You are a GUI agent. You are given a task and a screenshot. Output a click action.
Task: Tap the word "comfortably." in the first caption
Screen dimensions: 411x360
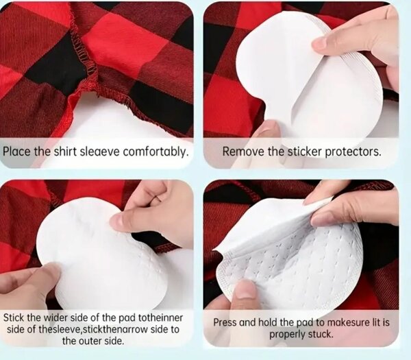coord(156,152)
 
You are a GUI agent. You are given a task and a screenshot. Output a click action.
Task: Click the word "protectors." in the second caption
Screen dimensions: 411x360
coord(353,152)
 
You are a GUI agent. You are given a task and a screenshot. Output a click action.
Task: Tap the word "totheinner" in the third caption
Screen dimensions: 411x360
coord(160,317)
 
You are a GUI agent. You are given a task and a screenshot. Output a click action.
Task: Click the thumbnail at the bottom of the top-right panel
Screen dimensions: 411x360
coord(265,128)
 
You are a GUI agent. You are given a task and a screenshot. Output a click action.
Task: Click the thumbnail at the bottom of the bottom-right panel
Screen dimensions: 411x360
coord(244,291)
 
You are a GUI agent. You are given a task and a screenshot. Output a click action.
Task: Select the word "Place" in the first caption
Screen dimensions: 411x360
coord(16,152)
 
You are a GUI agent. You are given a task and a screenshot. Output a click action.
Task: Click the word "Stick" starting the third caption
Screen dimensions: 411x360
coord(14,317)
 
